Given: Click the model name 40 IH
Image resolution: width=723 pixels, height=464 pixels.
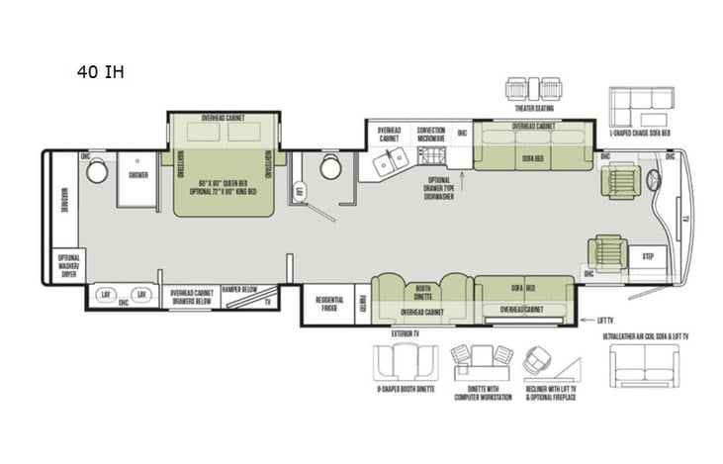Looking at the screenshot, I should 100,71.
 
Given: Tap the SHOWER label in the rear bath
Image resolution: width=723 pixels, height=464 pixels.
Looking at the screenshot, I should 136,176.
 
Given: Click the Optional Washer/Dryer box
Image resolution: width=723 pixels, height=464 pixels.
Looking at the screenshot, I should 69,266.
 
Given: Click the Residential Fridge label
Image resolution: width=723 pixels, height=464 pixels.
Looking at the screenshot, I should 329,304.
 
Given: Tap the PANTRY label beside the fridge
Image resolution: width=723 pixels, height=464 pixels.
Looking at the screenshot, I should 363,304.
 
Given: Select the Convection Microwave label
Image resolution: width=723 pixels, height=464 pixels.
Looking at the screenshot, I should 430,134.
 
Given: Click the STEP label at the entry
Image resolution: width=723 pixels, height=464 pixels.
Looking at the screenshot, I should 648,256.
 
